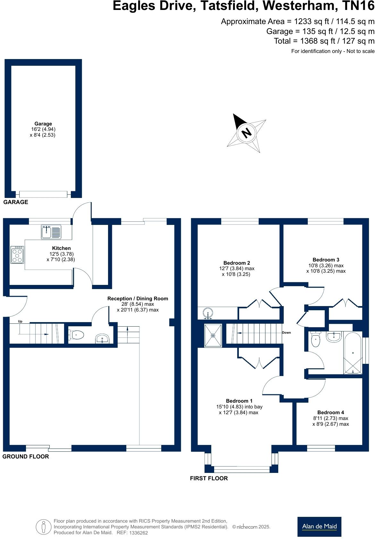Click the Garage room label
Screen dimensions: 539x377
(x=43, y=124)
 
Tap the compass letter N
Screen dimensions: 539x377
(x=246, y=133)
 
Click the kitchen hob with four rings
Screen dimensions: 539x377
(x=17, y=255)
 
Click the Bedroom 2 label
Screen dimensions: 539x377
(x=237, y=263)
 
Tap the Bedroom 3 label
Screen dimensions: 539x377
(x=326, y=260)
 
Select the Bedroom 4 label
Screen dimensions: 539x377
(x=331, y=413)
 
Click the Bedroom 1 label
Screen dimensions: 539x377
(x=239, y=401)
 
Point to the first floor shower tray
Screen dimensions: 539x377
(x=213, y=335)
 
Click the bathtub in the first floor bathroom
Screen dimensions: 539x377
(x=353, y=353)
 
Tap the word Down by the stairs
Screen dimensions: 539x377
(x=286, y=333)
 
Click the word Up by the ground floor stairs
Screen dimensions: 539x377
(x=20, y=321)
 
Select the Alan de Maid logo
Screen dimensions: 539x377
(x=319, y=526)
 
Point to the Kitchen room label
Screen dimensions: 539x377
(x=61, y=248)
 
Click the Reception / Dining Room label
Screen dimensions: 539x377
(x=138, y=299)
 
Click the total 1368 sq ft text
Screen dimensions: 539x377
(x=324, y=41)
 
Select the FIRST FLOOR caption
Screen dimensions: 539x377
(x=209, y=478)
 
